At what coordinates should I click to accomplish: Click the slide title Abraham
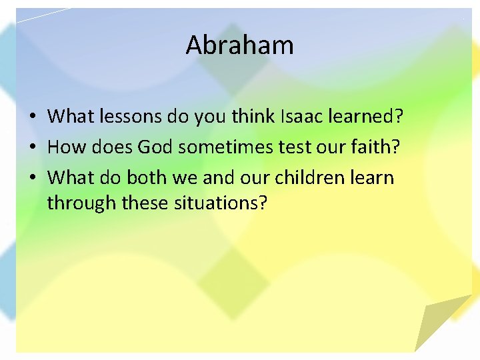(239, 45)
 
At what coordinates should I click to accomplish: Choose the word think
(251, 117)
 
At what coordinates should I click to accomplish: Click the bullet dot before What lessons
(33, 117)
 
